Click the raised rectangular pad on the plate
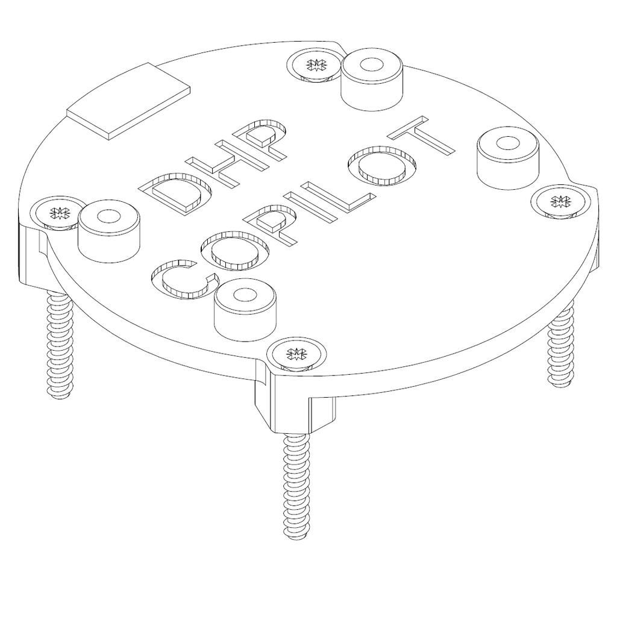coord(129,102)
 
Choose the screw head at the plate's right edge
coord(560,201)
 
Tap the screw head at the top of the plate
coord(313,64)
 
